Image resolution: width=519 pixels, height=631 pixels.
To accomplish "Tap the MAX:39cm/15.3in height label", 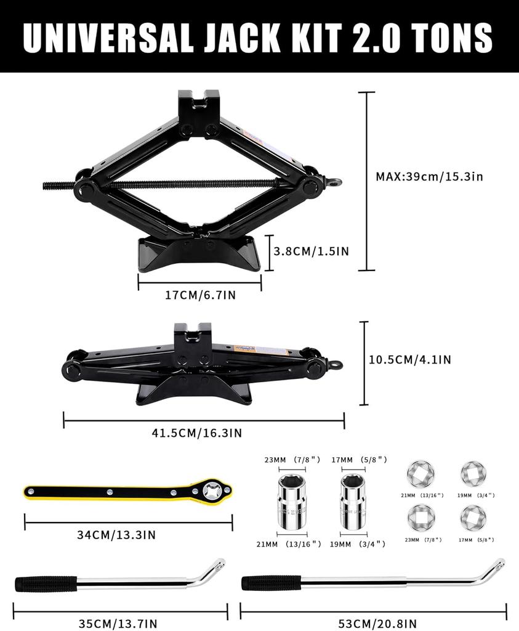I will (x=429, y=176).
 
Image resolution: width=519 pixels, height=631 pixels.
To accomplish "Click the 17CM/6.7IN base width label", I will (x=200, y=295).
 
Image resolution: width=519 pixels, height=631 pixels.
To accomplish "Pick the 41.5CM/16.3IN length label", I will (x=197, y=433).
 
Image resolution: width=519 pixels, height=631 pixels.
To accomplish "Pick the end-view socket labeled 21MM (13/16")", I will (x=420, y=475).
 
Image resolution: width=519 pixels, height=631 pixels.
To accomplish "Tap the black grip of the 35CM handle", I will (x=46, y=584).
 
